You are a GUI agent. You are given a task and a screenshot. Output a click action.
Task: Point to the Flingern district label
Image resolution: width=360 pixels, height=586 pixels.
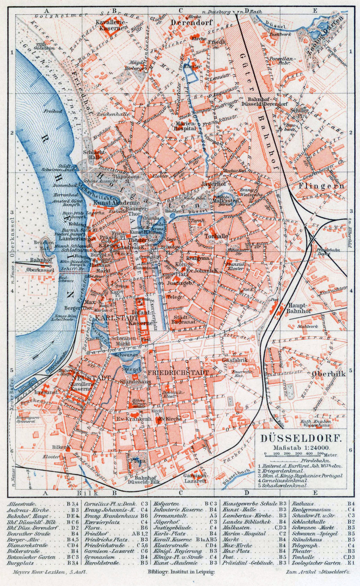pyautogui.click(x=322, y=186)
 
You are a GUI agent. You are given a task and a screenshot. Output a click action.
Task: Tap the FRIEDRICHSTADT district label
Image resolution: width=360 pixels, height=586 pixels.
pyautogui.click(x=178, y=373)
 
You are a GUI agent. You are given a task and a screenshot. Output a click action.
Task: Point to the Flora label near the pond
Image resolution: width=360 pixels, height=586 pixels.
pyautogui.click(x=138, y=461)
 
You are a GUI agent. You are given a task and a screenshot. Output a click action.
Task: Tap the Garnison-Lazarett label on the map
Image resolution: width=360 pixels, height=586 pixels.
pyautogui.click(x=195, y=478)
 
